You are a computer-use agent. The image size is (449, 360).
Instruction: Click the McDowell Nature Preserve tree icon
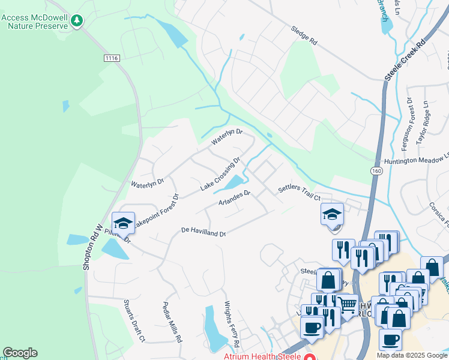(76, 22)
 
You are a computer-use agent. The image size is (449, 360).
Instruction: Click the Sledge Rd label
(304, 35)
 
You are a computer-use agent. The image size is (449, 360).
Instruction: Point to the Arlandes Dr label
(234, 197)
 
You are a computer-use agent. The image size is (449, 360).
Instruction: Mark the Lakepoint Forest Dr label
(154, 212)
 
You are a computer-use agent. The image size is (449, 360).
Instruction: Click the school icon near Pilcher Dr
(123, 223)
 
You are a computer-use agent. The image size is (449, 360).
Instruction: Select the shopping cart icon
(347, 305)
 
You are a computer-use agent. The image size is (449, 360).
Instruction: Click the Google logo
(20, 353)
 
